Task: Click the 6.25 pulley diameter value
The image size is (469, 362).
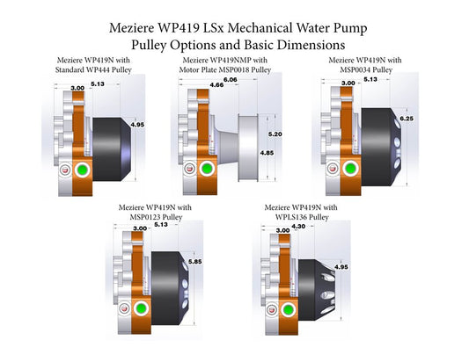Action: [x=407, y=117]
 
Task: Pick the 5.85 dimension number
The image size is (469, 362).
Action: [x=192, y=261]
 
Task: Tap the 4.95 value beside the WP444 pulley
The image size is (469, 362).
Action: [x=136, y=125]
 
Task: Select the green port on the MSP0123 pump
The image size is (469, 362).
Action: [x=141, y=308]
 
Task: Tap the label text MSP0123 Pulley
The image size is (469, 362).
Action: [x=163, y=215]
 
